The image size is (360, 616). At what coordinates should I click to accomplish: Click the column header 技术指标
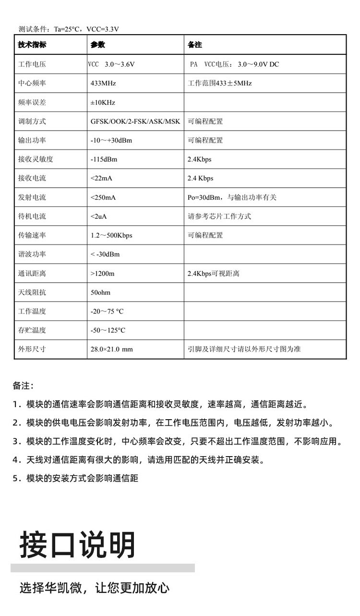(x=32, y=45)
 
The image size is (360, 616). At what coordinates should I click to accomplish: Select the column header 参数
(x=97, y=45)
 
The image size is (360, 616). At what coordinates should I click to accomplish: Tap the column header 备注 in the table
(x=195, y=45)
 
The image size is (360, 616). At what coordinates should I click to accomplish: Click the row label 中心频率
(x=32, y=83)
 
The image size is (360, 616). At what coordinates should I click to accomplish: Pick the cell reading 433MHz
(x=103, y=83)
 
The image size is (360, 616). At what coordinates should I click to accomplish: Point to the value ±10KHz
(x=103, y=102)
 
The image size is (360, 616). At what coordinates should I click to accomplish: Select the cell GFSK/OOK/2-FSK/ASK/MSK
(x=135, y=121)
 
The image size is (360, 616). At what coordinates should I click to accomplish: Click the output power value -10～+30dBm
(x=111, y=140)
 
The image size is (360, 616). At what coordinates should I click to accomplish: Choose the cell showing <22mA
(x=101, y=178)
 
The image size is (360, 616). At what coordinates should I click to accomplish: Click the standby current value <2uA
(x=99, y=217)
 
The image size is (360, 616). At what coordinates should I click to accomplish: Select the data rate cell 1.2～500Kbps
(x=111, y=235)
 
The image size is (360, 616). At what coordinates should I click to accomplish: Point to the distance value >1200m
(x=103, y=274)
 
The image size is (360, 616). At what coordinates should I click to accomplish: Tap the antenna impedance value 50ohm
(x=101, y=292)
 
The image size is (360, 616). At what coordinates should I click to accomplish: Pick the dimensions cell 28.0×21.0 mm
(x=111, y=349)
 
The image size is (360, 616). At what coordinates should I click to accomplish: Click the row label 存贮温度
(x=32, y=330)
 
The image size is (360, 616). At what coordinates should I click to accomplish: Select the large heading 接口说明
(x=78, y=544)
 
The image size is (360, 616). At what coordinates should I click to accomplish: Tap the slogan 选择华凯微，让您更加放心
(x=95, y=588)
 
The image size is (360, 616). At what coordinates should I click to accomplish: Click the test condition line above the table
(x=69, y=29)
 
